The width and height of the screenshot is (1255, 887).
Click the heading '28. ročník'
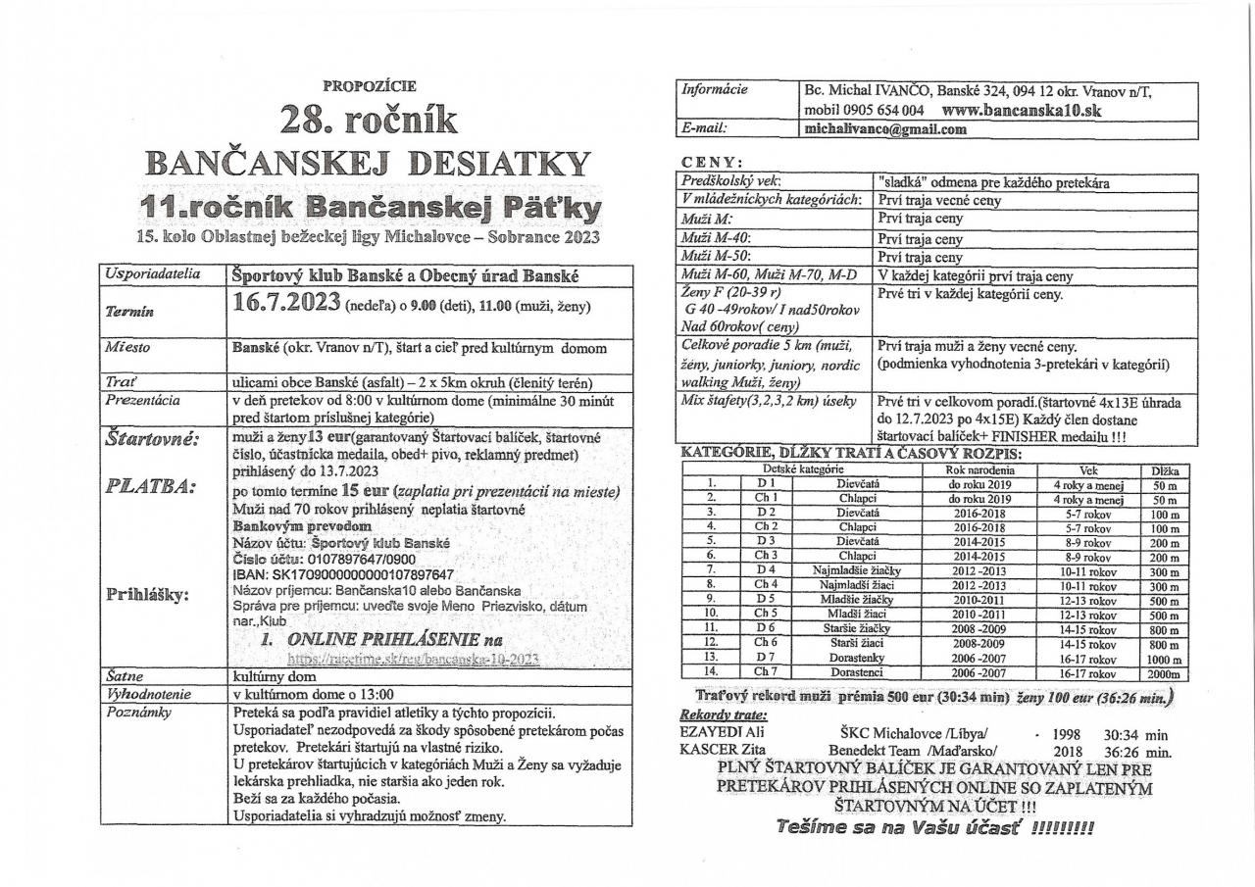click(x=369, y=120)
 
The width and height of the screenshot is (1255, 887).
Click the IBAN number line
click(x=342, y=574)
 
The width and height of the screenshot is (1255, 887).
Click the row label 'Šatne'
click(x=121, y=676)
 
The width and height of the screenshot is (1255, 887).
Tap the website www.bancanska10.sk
click(x=1021, y=111)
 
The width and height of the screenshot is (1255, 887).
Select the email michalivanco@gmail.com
click(x=885, y=128)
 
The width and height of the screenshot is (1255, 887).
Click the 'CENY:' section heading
click(x=712, y=162)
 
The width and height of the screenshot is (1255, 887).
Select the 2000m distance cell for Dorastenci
click(x=1163, y=672)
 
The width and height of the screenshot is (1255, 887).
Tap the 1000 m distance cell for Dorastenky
click(x=1163, y=658)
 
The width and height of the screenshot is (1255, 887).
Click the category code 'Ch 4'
click(x=766, y=585)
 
